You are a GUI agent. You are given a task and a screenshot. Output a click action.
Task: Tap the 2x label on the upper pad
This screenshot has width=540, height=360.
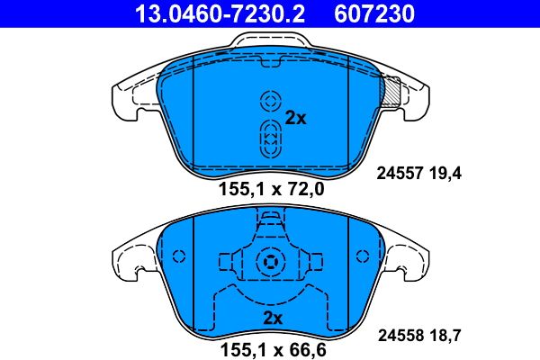click(295, 118)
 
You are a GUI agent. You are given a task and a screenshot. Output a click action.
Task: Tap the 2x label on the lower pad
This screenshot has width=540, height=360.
click(273, 319)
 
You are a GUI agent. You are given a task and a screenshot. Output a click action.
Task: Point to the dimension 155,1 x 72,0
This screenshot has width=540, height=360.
click(270, 190)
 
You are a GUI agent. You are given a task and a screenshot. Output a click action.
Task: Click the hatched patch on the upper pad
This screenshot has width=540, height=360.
click(391, 90)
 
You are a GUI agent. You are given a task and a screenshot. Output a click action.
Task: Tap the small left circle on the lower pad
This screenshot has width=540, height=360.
click(177, 255)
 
